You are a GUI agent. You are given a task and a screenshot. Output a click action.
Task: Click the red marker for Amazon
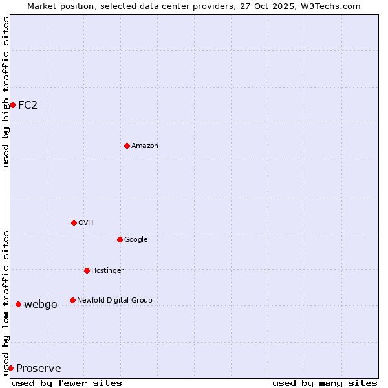pos(127,145)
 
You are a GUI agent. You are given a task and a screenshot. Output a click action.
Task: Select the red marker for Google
pos(120,239)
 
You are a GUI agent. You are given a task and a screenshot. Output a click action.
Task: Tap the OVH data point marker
pos(74,222)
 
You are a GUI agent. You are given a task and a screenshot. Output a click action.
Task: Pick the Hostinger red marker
pos(87,270)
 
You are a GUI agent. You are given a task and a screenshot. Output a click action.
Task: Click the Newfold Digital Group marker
pos(72,300)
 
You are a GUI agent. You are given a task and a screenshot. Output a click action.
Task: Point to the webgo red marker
pos(18,304)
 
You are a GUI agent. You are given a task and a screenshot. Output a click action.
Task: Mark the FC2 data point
pos(12,105)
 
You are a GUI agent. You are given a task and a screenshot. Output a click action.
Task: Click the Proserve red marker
pos(10,368)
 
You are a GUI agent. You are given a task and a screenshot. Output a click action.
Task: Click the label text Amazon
pos(145,146)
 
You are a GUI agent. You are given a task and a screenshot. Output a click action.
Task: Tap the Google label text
pos(136,240)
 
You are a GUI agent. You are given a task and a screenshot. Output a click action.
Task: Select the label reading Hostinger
pos(107,271)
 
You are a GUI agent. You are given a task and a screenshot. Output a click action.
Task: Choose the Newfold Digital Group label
pos(114,301)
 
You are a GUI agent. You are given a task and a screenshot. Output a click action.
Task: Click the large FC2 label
pos(28,105)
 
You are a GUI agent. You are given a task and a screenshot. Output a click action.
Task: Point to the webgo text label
pos(41,305)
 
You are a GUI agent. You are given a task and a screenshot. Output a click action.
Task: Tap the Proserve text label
pos(39,369)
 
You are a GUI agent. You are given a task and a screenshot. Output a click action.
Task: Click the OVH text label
pos(86,223)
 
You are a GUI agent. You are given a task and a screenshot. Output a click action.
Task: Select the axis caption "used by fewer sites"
pos(67,383)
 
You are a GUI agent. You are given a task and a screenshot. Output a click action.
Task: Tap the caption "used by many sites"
pos(325,383)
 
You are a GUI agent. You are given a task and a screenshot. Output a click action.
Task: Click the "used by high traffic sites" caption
pos(6,92)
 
